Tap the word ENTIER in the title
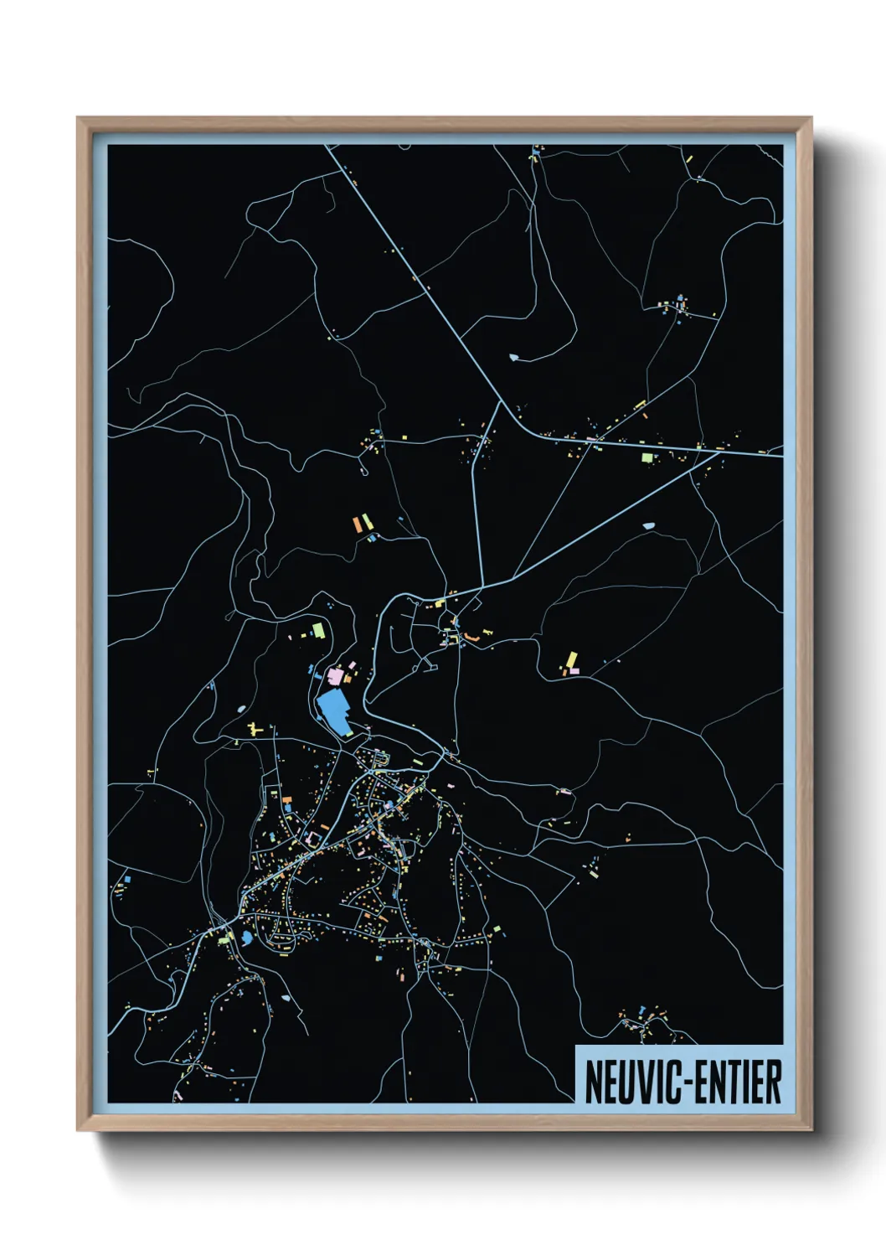[738, 1082]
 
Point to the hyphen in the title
[685, 1083]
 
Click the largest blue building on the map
[334, 712]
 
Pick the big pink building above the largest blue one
[336, 674]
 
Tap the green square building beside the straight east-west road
[646, 457]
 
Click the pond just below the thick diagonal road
[649, 525]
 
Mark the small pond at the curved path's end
[513, 358]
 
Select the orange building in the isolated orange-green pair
[357, 524]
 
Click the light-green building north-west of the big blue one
[318, 628]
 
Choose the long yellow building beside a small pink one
[573, 660]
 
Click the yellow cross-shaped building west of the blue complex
[255, 731]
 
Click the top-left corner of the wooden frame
[78, 118]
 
